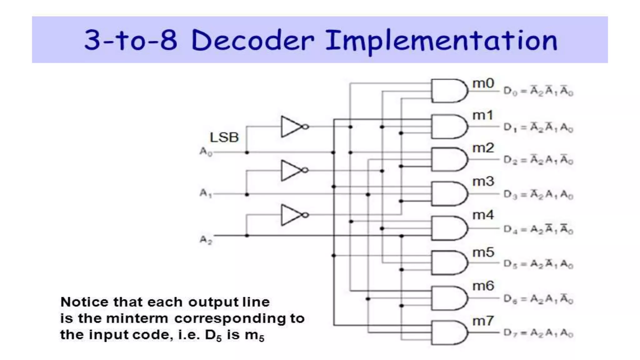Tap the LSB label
coord(224,137)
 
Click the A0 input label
coord(206,152)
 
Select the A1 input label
coord(206,193)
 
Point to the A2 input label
coord(206,240)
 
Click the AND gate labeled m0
coord(449,91)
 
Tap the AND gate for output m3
coord(449,194)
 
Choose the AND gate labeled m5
coord(449,263)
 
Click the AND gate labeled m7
coord(449,332)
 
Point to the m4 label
coord(483,215)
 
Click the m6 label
coord(483,286)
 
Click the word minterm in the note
coord(137,319)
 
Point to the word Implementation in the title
coord(441,41)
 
